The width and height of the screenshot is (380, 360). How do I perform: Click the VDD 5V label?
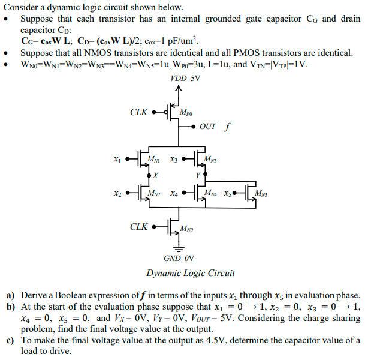pyautogui.click(x=186, y=78)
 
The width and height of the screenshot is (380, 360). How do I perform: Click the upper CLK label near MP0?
pyautogui.click(x=138, y=112)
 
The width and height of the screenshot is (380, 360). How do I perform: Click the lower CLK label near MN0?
pyautogui.click(x=138, y=227)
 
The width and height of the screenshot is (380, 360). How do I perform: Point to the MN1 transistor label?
pyautogui.click(x=155, y=159)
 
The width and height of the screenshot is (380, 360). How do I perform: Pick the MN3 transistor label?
pyautogui.click(x=211, y=159)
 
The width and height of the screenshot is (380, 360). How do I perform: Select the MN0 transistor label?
pyautogui.click(x=186, y=229)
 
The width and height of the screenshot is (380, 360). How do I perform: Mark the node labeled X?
pyautogui.click(x=155, y=175)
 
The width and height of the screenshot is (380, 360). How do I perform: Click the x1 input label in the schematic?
pyautogui.click(x=116, y=160)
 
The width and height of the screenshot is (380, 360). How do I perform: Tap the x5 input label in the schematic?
pyautogui.click(x=228, y=194)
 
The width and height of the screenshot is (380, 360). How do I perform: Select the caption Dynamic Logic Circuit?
pyautogui.click(x=191, y=273)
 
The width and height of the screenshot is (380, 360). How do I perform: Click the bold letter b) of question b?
pyautogui.click(x=10, y=306)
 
